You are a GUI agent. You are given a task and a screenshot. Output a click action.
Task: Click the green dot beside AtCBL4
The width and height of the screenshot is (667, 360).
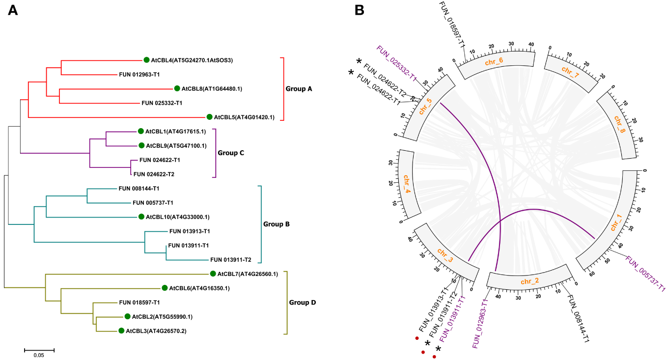point(146,60)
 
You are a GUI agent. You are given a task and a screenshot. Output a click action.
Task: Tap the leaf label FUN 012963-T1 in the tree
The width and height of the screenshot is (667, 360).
point(139,75)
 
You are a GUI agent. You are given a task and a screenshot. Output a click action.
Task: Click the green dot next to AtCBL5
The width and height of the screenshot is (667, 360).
point(210,117)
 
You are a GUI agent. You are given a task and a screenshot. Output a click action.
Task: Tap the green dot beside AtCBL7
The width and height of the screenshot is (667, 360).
point(213,274)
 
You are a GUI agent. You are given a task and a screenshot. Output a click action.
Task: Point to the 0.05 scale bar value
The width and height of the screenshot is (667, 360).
point(39,356)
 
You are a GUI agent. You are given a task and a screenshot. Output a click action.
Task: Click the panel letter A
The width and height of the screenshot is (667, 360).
point(13,11)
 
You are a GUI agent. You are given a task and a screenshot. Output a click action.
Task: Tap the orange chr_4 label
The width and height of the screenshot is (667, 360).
point(407,186)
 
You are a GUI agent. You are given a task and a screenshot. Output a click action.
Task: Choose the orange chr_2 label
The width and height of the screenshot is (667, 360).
point(530,281)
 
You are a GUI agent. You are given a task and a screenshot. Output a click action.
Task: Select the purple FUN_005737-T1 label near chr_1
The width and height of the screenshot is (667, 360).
point(645,274)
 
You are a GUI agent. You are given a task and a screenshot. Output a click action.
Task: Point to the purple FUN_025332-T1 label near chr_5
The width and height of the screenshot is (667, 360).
point(397,64)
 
